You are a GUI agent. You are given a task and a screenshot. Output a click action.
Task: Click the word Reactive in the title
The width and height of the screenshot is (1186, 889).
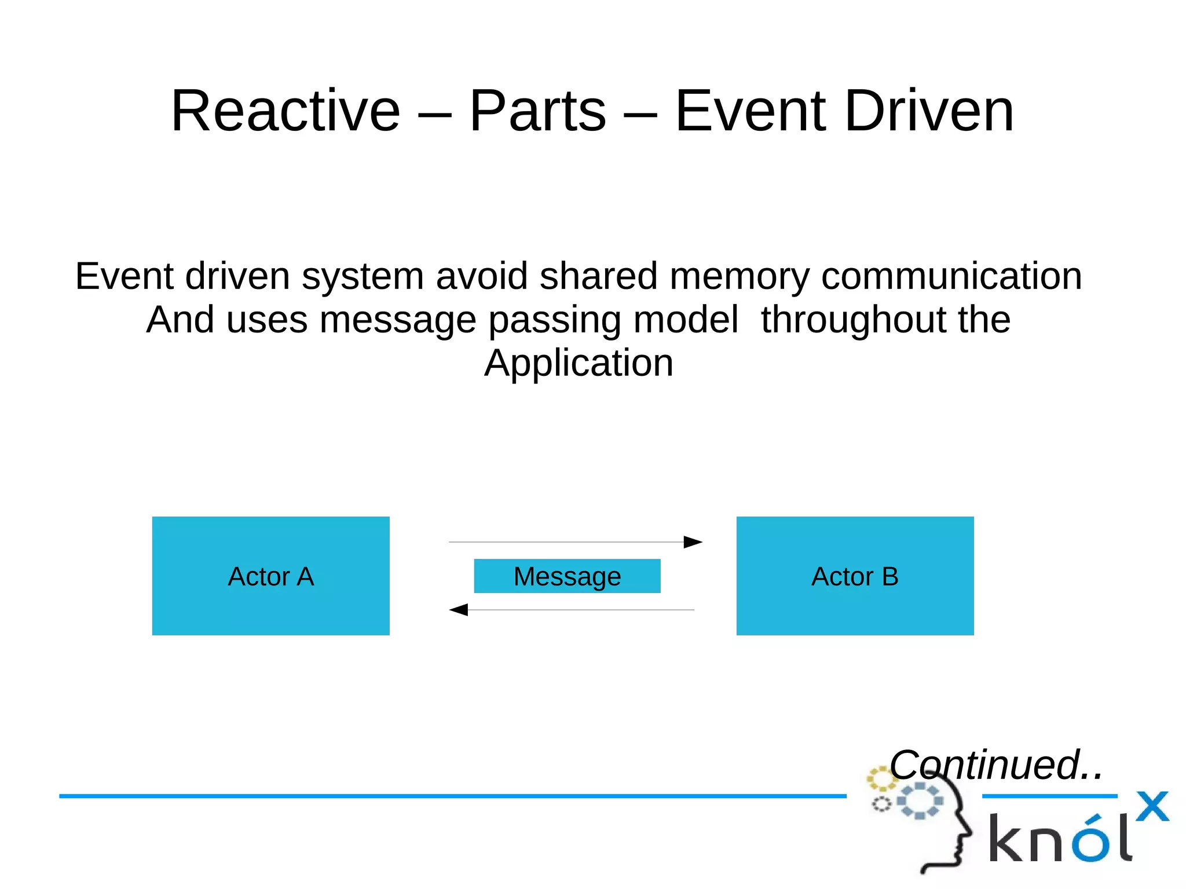pos(285,111)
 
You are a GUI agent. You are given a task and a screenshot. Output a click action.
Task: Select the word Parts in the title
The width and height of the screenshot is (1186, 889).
pos(537,111)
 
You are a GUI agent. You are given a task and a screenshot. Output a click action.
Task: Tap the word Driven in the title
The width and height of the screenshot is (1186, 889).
pos(929,111)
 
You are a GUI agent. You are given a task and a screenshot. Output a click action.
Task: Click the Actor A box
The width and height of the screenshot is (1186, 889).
pos(270,576)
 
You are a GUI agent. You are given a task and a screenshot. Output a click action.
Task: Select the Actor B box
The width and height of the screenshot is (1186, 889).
pos(855,576)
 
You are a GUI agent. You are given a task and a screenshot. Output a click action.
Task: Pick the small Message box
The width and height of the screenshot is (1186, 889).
pos(567,576)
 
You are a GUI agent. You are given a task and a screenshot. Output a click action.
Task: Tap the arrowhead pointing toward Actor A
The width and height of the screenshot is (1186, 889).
pos(459,609)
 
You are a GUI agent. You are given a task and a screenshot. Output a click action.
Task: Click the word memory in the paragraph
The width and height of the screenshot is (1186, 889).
pos(739,276)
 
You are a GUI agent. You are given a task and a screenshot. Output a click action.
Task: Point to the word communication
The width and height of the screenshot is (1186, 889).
pos(951,276)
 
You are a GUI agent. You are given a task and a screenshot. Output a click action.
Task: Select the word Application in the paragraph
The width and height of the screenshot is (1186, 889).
pos(579,364)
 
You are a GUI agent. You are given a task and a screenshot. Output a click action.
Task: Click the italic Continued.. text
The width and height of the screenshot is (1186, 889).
pos(995,764)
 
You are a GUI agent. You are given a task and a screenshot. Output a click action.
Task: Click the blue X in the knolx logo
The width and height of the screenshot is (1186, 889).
pos(1152,806)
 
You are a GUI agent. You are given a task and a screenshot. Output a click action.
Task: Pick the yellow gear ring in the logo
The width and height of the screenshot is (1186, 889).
pos(881,779)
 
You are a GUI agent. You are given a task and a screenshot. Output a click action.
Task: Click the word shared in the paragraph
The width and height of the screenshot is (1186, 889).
pos(598,276)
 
